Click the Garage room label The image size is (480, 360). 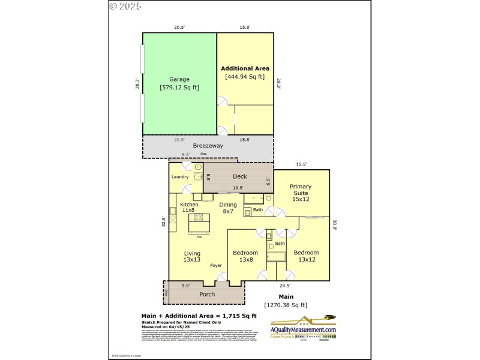click(179, 79)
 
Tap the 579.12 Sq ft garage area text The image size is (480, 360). click(179, 88)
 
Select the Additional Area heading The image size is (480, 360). click(245, 68)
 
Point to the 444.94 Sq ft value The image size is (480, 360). click(245, 77)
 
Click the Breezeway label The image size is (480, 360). click(207, 146)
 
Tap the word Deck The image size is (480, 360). click(239, 176)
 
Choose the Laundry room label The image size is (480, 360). click(180, 177)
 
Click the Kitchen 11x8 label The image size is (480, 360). click(189, 207)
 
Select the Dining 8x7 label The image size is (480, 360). click(228, 208)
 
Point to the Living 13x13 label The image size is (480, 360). click(191, 256)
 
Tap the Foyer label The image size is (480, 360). click(216, 265)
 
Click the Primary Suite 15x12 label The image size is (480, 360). click(301, 193)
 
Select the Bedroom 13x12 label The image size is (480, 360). click(306, 256)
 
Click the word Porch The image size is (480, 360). click(207, 294)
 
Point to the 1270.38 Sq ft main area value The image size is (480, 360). click(286, 305)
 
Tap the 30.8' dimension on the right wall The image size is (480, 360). click(335, 225)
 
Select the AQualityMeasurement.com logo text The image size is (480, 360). click(303, 330)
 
